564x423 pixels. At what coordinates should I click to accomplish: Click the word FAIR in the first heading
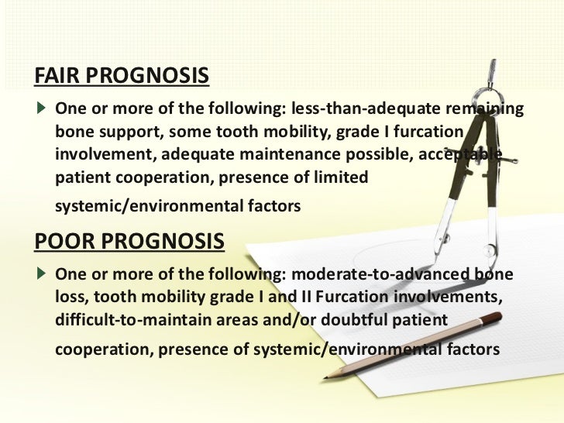(x=55, y=77)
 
